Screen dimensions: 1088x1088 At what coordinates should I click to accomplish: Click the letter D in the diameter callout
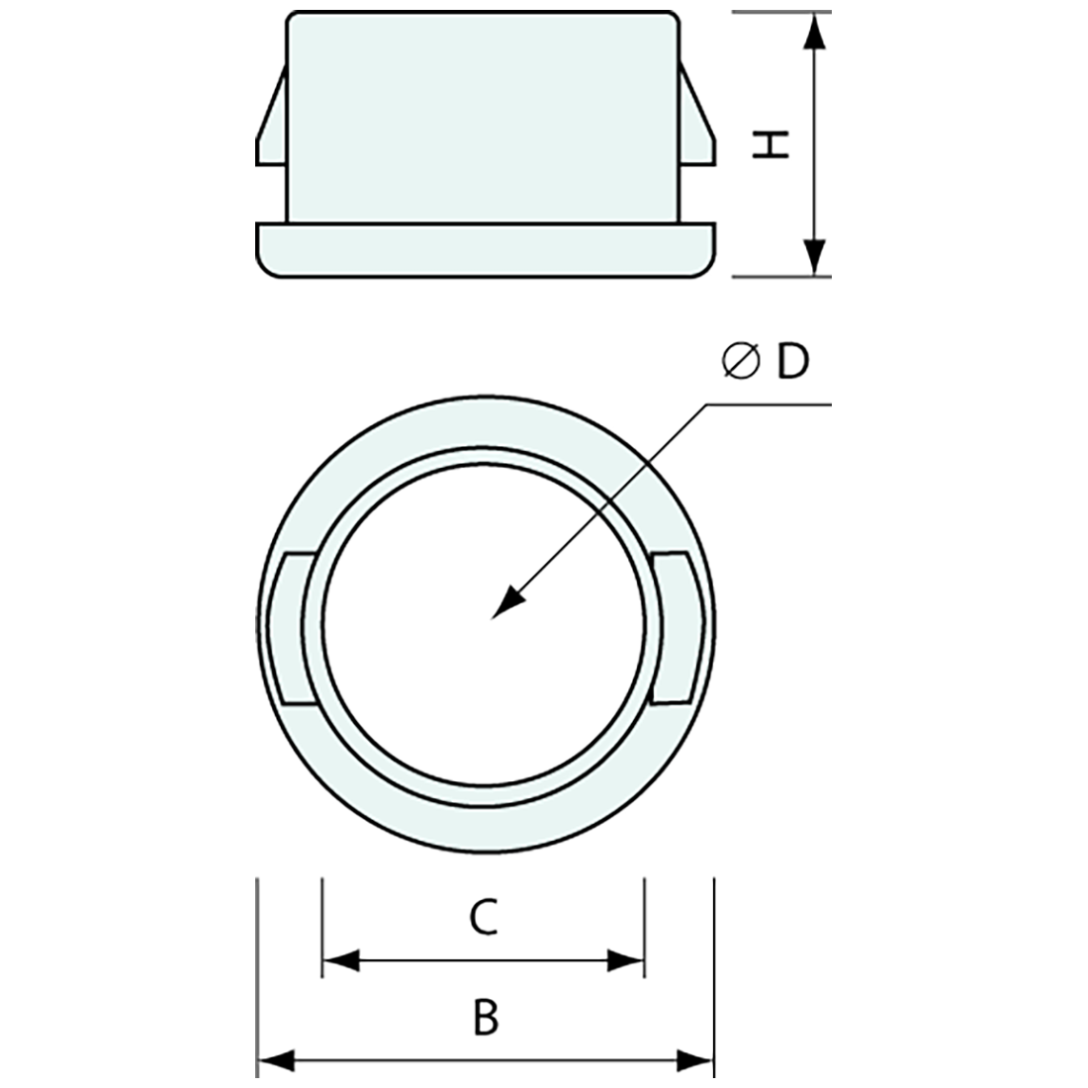point(792,363)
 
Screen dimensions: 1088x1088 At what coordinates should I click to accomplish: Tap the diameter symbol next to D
point(742,363)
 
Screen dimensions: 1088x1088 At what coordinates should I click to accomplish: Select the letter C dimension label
point(483,918)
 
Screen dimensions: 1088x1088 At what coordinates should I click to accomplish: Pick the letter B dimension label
point(485,1018)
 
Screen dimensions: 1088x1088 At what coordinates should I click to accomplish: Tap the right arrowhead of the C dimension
point(626,959)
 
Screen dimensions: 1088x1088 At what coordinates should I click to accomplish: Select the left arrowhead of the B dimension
point(275,1061)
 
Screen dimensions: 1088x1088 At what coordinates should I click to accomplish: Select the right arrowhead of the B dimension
point(694,1061)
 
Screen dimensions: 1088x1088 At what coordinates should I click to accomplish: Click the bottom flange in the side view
point(485,249)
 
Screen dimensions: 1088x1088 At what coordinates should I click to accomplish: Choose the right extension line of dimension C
point(644,925)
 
